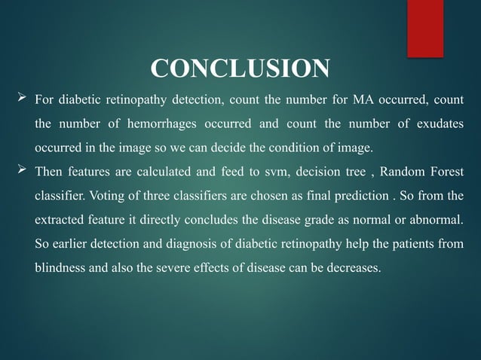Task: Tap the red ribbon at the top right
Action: [x=424, y=27]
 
